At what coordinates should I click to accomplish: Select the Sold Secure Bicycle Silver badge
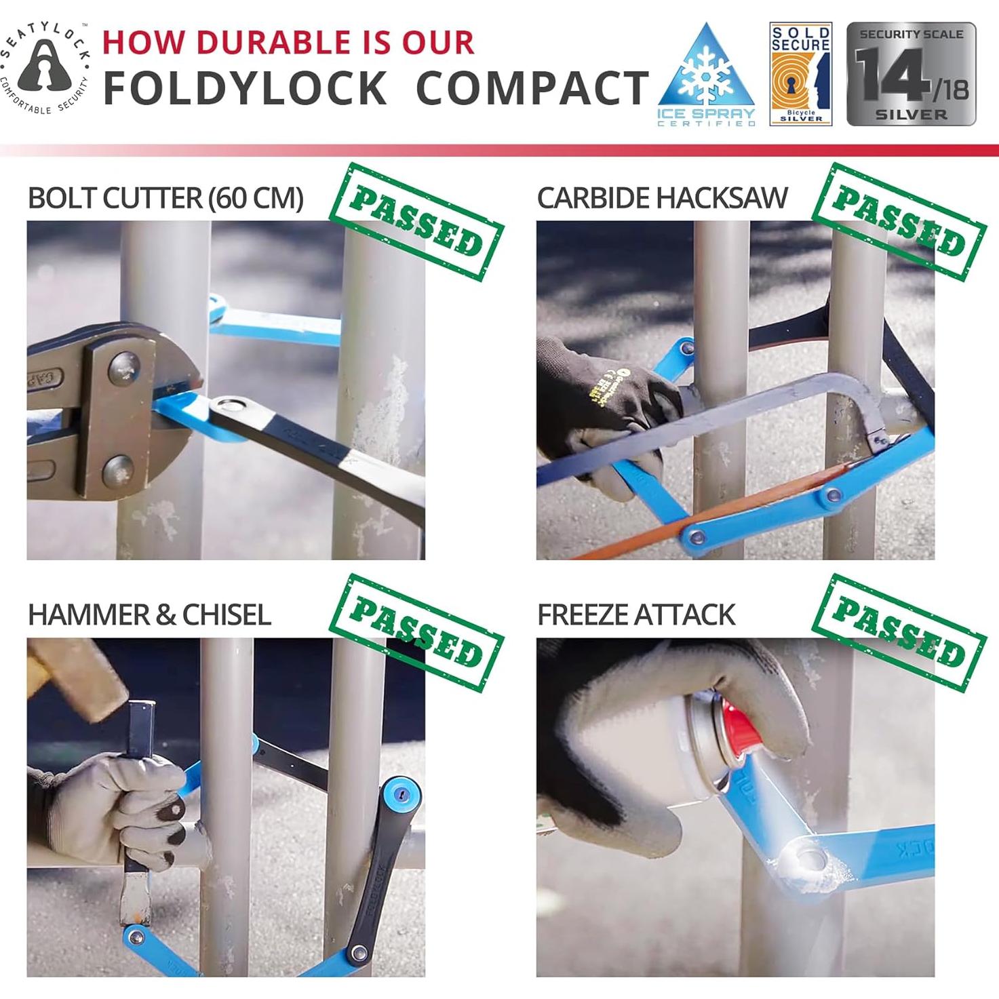tap(800, 74)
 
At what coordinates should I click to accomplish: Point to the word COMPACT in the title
tap(532, 89)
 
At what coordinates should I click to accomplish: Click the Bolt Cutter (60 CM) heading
tap(165, 198)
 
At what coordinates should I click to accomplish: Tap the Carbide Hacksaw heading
tap(662, 198)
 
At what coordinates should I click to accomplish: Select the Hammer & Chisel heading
tap(149, 614)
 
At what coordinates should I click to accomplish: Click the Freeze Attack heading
tap(635, 614)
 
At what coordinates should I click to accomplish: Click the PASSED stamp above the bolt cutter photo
tap(416, 221)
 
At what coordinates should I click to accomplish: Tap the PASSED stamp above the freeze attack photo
tap(899, 632)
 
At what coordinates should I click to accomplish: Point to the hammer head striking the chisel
tap(75, 678)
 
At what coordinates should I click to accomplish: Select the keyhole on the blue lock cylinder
tap(402, 795)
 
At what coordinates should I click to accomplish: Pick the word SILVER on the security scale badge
tap(911, 115)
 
